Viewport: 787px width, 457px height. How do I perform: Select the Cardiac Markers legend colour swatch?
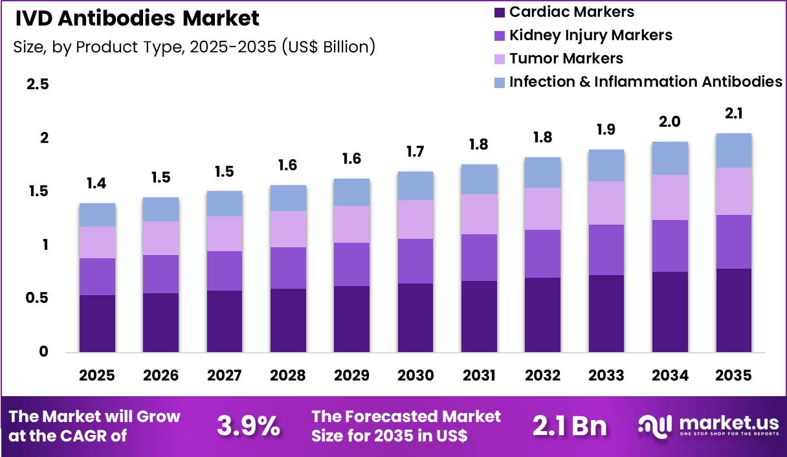pyautogui.click(x=499, y=12)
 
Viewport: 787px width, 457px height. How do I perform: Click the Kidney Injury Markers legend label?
pyautogui.click(x=590, y=35)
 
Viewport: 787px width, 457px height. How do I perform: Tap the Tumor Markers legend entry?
pyautogui.click(x=566, y=58)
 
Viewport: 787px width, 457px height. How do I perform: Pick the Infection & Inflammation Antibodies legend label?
pyautogui.click(x=645, y=82)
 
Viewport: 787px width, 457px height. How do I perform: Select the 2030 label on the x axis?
pyautogui.click(x=415, y=375)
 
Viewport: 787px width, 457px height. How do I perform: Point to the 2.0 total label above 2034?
pyautogui.click(x=669, y=122)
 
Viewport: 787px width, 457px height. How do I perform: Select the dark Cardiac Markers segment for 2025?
pyautogui.click(x=97, y=324)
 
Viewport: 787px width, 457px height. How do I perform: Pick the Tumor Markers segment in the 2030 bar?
pyautogui.click(x=415, y=219)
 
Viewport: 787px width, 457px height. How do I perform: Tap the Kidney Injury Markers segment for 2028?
pyautogui.click(x=288, y=268)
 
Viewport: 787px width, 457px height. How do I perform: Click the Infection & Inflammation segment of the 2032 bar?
pyautogui.click(x=542, y=172)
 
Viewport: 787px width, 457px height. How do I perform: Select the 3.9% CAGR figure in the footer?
pyautogui.click(x=249, y=425)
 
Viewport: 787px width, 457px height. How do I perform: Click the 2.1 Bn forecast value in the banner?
pyautogui.click(x=570, y=425)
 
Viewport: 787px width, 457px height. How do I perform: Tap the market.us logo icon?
pyautogui.click(x=656, y=425)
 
